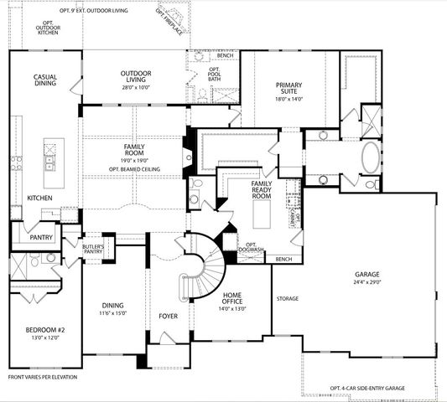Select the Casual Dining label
[45, 80]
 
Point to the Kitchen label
[39, 198]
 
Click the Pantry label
[41, 237]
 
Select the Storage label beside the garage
[288, 298]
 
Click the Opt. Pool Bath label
[214, 75]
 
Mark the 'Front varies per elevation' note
[42, 377]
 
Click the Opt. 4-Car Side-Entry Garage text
[368, 389]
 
